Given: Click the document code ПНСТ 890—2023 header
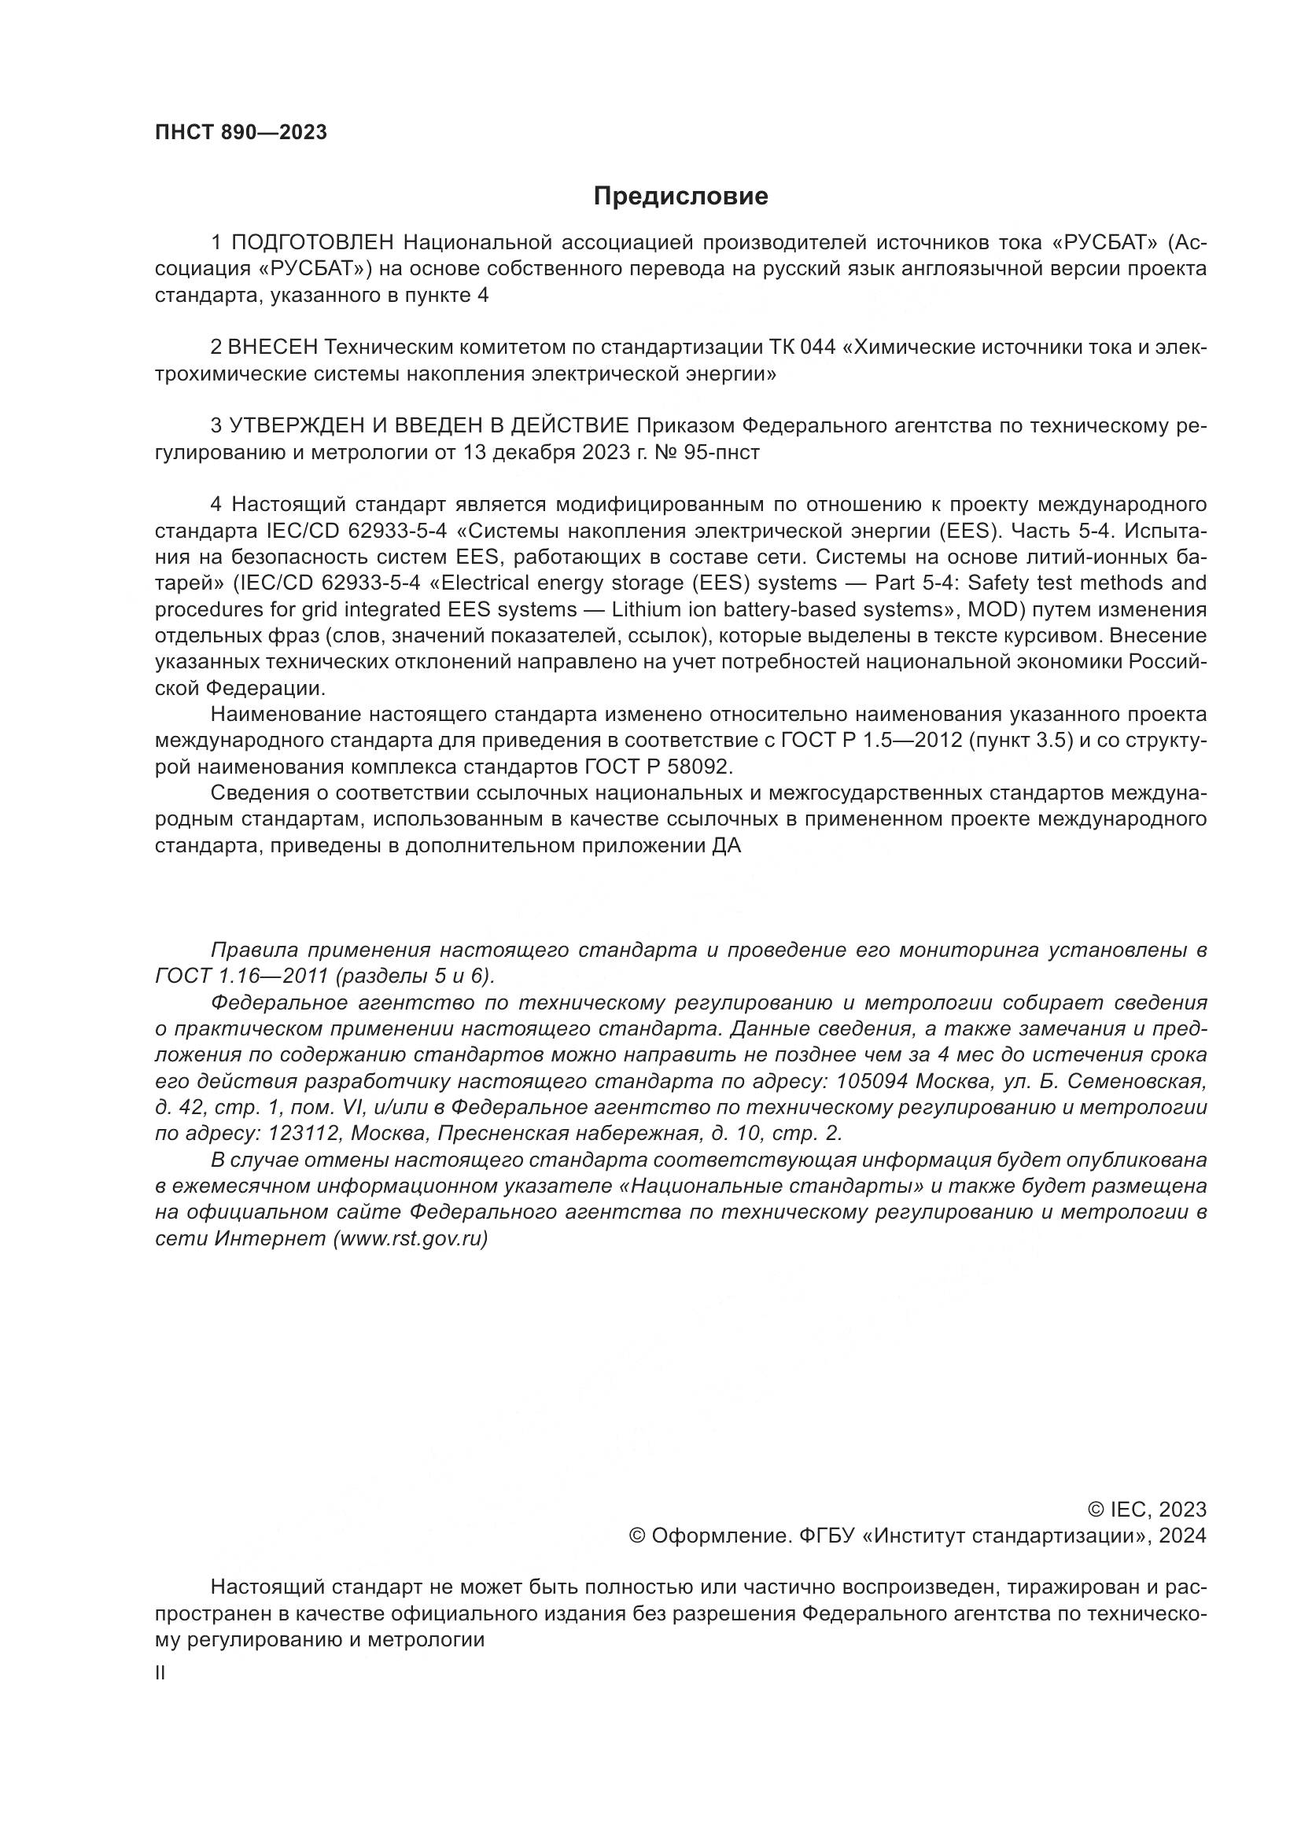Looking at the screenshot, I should [x=241, y=133].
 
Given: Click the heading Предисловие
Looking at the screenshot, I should [x=680, y=197].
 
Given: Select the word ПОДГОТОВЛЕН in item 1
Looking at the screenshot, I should [x=313, y=243].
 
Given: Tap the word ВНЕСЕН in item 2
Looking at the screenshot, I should [x=273, y=348].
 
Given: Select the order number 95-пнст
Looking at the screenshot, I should [x=722, y=454].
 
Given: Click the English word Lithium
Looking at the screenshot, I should [x=640, y=609].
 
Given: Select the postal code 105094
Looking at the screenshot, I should [x=872, y=1082].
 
